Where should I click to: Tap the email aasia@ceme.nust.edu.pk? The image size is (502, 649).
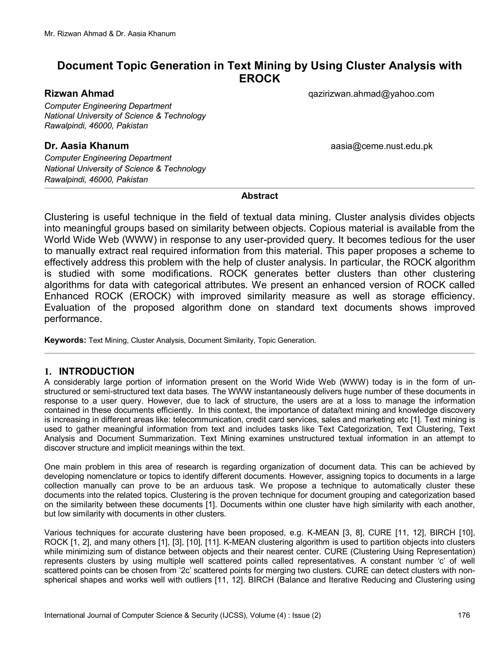click(x=382, y=146)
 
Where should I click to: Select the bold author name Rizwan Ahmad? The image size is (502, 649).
click(x=79, y=94)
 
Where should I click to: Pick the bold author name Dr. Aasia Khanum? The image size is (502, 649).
click(x=87, y=146)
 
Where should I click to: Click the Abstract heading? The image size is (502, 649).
click(x=259, y=196)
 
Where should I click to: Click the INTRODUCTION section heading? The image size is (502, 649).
click(x=96, y=372)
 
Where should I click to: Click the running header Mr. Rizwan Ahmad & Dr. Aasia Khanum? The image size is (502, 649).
click(x=110, y=34)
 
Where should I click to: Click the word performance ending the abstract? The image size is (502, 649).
click(x=73, y=319)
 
